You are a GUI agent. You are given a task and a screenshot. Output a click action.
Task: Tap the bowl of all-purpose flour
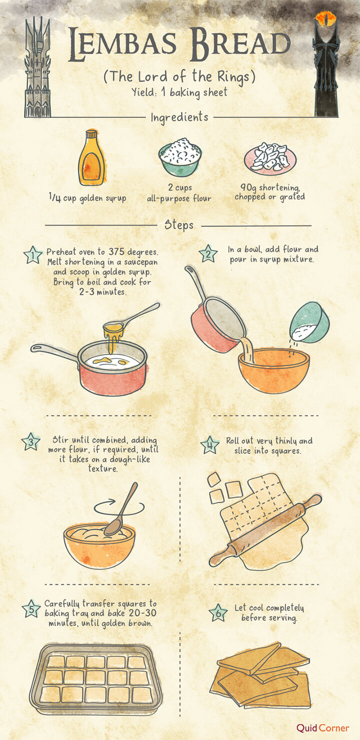pos(180,157)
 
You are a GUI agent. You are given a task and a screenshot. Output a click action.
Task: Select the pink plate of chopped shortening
pos(270,158)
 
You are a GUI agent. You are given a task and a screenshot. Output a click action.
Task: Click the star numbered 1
pos(33,255)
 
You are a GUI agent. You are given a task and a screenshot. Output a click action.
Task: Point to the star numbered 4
pos(210,445)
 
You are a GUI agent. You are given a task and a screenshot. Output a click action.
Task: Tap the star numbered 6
pos(218,613)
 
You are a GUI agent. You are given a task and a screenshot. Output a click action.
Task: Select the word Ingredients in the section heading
pos(179,117)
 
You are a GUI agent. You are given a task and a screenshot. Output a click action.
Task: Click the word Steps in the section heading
pos(179,225)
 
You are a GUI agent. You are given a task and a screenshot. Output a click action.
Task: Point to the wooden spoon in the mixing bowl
pos(121,509)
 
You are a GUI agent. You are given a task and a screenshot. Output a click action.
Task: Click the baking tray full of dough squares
pos(96,679)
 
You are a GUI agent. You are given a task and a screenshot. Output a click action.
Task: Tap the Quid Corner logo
pos(322,728)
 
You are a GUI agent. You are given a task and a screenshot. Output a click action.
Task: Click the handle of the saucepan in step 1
pos(54,352)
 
